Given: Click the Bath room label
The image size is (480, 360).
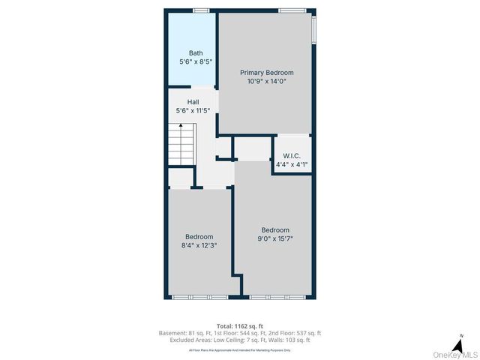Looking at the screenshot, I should (196, 53).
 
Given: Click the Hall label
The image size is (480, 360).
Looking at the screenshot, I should (193, 102).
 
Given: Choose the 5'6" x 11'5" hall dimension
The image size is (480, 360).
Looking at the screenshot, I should (193, 111).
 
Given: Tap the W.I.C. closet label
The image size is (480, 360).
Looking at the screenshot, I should (292, 156).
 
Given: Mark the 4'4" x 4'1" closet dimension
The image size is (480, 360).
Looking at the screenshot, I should (292, 164).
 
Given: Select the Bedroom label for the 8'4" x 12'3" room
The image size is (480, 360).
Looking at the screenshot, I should (199, 237).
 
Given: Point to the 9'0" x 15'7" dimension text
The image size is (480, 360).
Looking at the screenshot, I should (274, 238).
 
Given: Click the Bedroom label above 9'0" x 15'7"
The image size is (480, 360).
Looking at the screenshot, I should (274, 230).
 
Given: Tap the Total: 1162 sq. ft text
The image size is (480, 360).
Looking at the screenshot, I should (240, 325).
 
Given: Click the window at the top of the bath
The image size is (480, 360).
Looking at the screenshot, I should (199, 10).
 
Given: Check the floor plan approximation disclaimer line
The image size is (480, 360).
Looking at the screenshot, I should (240, 349).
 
